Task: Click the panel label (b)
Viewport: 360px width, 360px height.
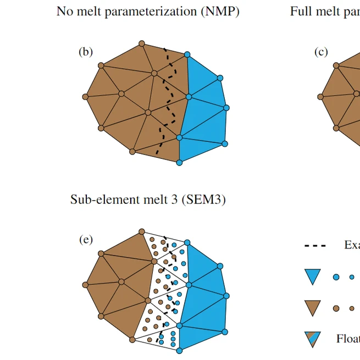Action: pyautogui.click(x=85, y=52)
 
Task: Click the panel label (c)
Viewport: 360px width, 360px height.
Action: pyautogui.click(x=321, y=52)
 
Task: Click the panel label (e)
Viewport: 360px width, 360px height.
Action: pyautogui.click(x=85, y=240)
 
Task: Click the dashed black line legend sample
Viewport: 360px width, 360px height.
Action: pyautogui.click(x=315, y=246)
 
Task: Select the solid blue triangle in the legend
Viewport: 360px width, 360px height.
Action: pyautogui.click(x=312, y=276)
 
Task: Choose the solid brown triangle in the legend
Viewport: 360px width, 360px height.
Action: pyautogui.click(x=312, y=308)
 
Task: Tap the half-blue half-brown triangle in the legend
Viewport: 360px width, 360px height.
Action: pyautogui.click(x=312, y=339)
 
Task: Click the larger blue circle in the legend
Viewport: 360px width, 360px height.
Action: pyautogui.click(x=336, y=277)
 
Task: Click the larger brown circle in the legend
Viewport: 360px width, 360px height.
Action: pyautogui.click(x=336, y=308)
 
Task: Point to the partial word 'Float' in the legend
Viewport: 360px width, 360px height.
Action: pyautogui.click(x=347, y=339)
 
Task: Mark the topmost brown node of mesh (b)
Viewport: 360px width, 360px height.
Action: pyautogui.click(x=141, y=43)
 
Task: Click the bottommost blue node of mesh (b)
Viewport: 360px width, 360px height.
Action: pyautogui.click(x=179, y=163)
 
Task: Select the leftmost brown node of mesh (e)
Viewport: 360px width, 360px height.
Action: pyautogui.click(x=85, y=285)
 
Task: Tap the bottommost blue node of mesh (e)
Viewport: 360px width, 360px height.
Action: pyautogui.click(x=179, y=350)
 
